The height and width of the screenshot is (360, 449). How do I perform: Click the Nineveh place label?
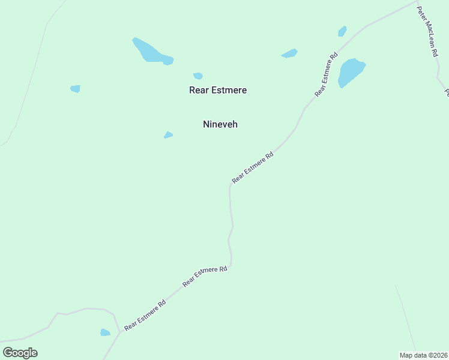coord(220,124)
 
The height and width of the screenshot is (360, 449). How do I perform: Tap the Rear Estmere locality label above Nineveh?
coord(218,90)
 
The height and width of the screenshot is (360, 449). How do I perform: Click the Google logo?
coord(20,353)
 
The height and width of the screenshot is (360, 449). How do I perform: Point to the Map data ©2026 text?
coord(424,355)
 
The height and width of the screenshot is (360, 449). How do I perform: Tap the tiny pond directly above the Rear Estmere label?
coord(197,76)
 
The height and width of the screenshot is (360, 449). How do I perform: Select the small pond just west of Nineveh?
coord(169,135)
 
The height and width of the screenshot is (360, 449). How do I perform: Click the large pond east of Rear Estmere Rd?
coord(351,71)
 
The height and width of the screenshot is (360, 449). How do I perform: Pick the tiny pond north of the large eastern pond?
coord(342,31)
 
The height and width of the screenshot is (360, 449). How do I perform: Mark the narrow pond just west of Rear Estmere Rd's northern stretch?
coord(289,54)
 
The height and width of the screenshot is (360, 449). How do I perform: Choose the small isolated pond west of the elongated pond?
coord(75,89)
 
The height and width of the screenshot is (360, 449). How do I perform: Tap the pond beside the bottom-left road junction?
coord(105,332)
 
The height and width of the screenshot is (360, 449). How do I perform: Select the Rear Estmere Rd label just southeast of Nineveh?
coord(253,167)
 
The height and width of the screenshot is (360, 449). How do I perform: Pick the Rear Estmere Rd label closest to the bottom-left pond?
coord(145,316)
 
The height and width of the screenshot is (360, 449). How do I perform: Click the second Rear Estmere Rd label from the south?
coord(205,275)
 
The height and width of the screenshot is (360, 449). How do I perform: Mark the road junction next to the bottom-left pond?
coord(119,332)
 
